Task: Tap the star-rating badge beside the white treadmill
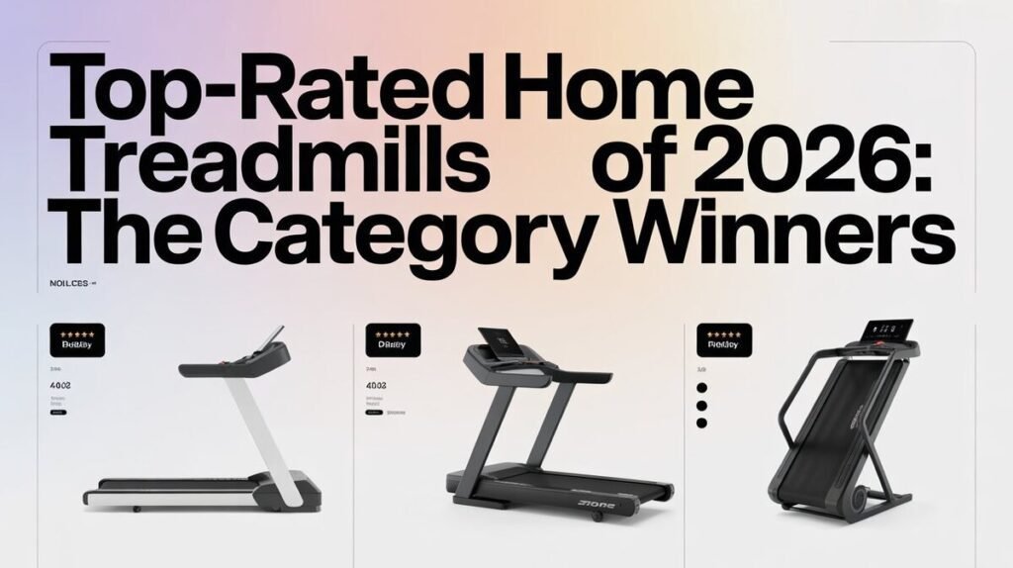[x=77, y=339]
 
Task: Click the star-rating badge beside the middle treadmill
[x=393, y=339]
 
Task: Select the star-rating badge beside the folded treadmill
[x=724, y=339]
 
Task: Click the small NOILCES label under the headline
[x=70, y=283]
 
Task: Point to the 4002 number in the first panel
[x=61, y=384]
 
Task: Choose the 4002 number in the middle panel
[x=377, y=384]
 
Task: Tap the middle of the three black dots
[x=701, y=405]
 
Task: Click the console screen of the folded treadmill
[x=887, y=329]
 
